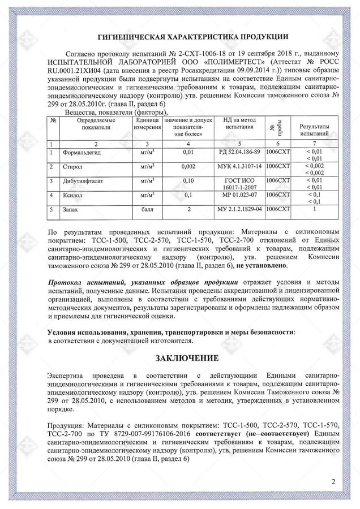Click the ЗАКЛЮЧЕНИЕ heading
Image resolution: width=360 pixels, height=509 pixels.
tap(180, 359)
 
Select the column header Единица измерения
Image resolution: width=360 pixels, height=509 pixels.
tap(147, 125)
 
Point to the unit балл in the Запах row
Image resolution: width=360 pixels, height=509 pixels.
tap(147, 209)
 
